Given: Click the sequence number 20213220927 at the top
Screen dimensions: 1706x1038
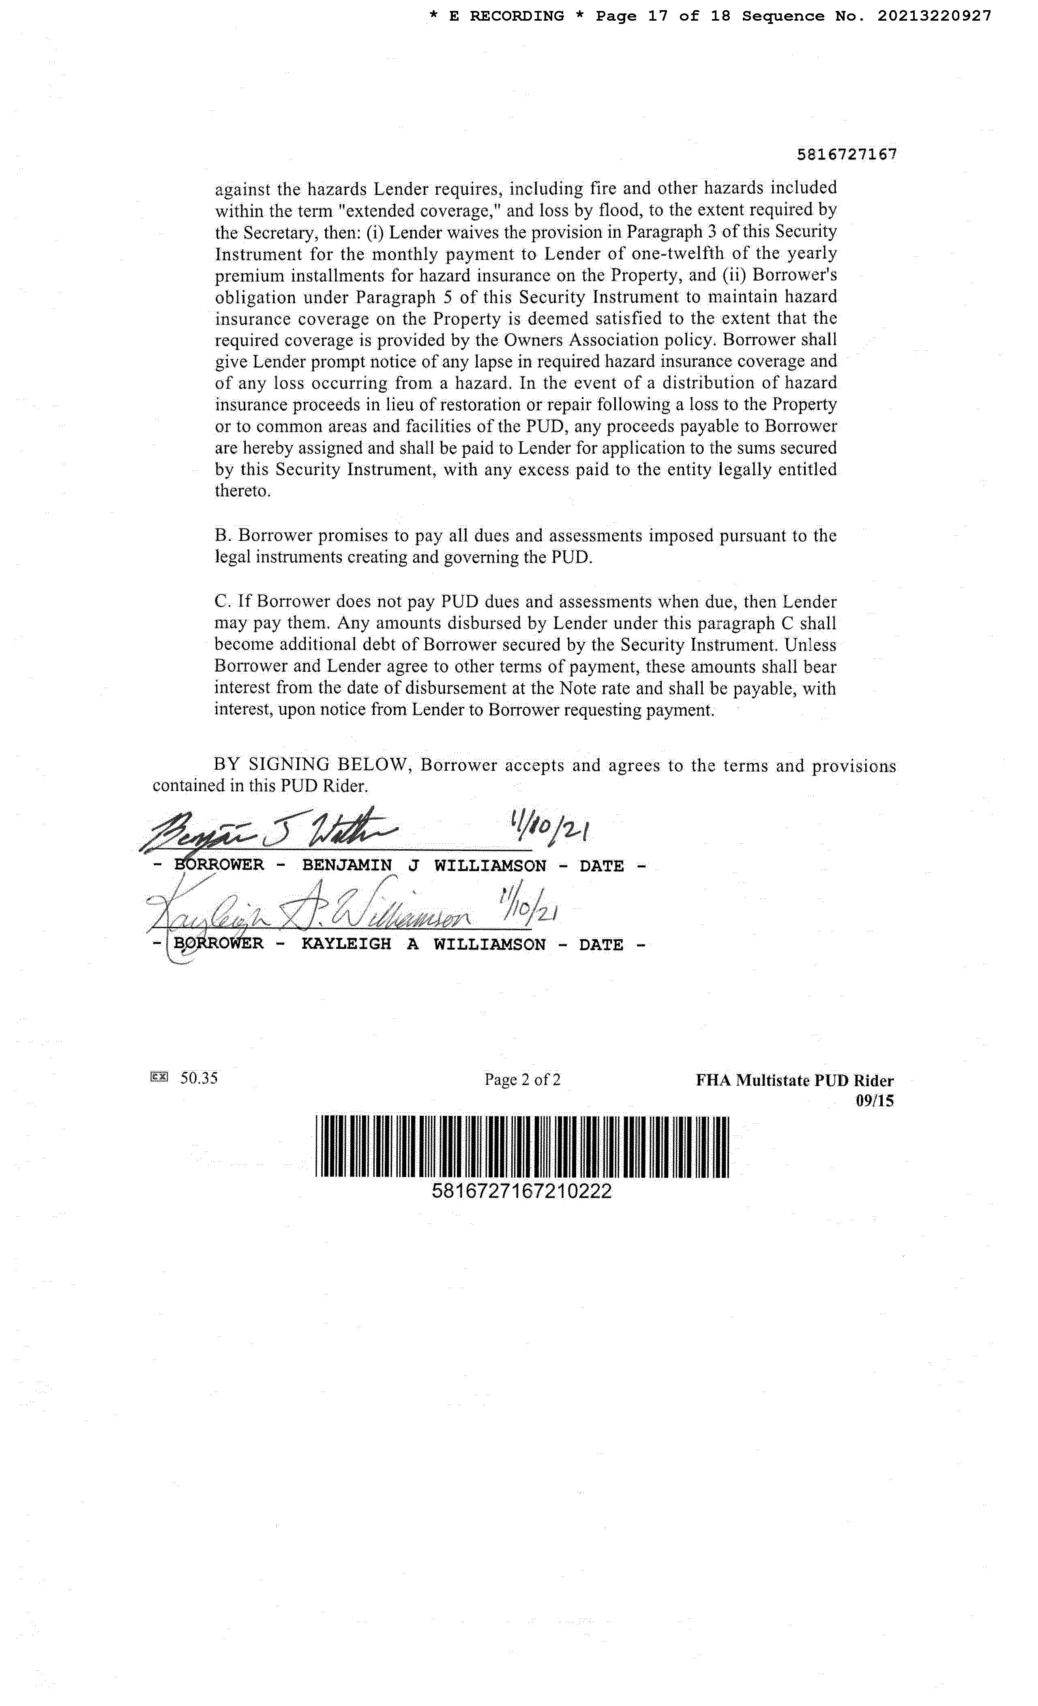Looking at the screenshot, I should [934, 16].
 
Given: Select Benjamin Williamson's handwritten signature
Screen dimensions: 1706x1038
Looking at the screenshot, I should [270, 833].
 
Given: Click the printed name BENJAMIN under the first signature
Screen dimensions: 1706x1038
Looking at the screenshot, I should [347, 866].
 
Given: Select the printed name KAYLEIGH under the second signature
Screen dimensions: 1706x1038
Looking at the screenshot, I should [346, 944].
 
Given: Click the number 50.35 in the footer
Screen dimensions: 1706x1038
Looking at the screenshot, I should [199, 1078].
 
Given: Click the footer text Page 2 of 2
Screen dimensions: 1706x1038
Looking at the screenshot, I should [522, 1079].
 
